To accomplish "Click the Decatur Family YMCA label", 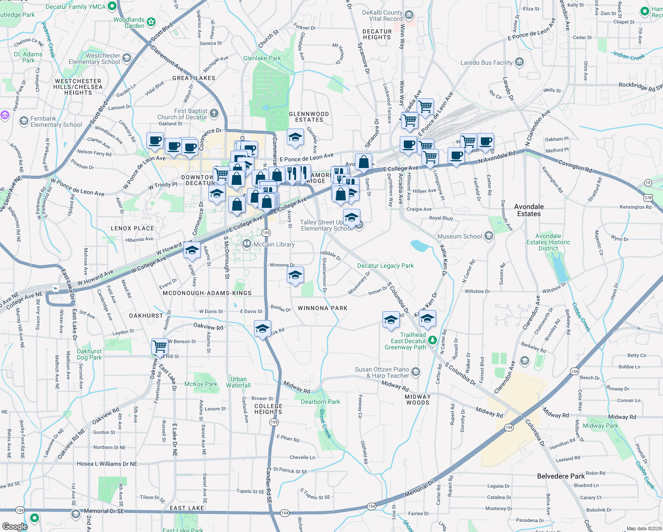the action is tap(75, 7).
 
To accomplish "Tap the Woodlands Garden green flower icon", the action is tap(151, 22).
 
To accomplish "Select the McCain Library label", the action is tap(274, 244).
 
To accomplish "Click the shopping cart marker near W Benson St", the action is tap(160, 346).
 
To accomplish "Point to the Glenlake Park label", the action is tap(262, 58).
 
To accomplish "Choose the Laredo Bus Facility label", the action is tap(486, 63).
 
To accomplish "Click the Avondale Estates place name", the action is tap(529, 210).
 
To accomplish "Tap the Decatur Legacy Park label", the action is tap(385, 266).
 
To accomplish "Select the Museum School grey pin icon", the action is tap(488, 236).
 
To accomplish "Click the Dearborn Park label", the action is tap(320, 402).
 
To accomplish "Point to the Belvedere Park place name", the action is tap(561, 476).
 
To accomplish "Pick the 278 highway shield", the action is tap(648, 197).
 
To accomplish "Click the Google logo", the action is tap(15, 527).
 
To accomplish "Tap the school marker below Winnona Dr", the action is tap(295, 275).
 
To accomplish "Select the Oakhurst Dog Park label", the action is tap(89, 354).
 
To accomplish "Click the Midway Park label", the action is tap(600, 426).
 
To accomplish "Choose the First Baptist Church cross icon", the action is tap(214, 113).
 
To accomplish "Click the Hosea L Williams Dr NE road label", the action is tap(107, 464).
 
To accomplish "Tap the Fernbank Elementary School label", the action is tap(56, 121).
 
